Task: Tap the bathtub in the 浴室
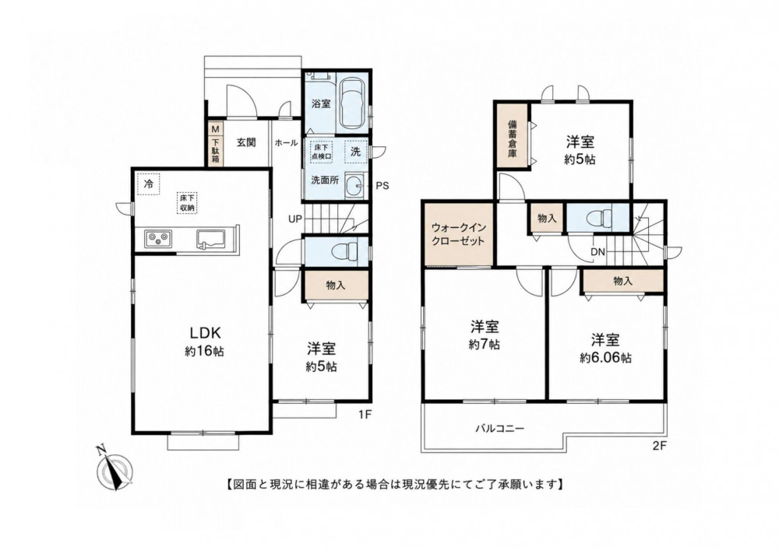click(352, 103)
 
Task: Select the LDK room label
click(203, 331)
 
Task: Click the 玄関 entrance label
click(246, 143)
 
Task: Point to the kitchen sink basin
click(210, 238)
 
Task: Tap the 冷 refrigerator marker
click(149, 184)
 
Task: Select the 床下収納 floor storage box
click(187, 203)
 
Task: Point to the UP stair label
click(294, 219)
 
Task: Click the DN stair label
click(597, 252)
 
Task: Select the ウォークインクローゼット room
click(459, 234)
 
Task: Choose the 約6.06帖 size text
click(605, 358)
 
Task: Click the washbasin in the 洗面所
click(354, 185)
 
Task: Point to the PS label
click(382, 186)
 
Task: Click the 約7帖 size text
click(485, 344)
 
